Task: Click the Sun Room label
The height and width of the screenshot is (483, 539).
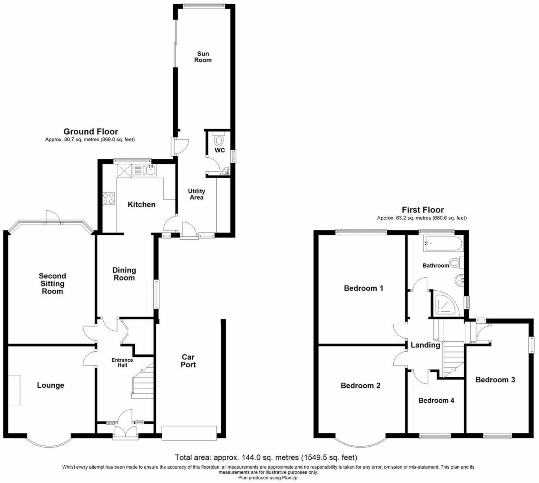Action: [x=203, y=57]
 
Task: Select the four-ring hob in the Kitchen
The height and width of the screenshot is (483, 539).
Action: [x=109, y=199]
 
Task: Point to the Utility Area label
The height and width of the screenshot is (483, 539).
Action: [x=196, y=194]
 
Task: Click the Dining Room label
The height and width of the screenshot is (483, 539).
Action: [x=124, y=274]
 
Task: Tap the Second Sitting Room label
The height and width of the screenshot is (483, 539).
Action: [x=52, y=283]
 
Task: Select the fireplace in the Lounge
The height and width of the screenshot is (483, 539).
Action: [x=14, y=390]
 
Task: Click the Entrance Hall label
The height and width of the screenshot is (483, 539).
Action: [x=122, y=362]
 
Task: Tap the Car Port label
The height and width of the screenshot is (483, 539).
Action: [x=188, y=361]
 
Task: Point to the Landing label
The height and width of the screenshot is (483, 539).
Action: [x=425, y=345]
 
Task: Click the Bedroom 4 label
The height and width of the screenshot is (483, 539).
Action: [x=436, y=400]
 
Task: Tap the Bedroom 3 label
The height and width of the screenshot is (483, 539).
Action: [x=495, y=380]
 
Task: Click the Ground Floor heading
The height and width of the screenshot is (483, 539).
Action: [x=91, y=132]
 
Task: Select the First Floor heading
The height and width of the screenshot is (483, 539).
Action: [x=423, y=210]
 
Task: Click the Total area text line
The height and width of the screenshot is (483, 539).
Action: [x=266, y=458]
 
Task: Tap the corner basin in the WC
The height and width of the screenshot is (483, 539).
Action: [x=226, y=172]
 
